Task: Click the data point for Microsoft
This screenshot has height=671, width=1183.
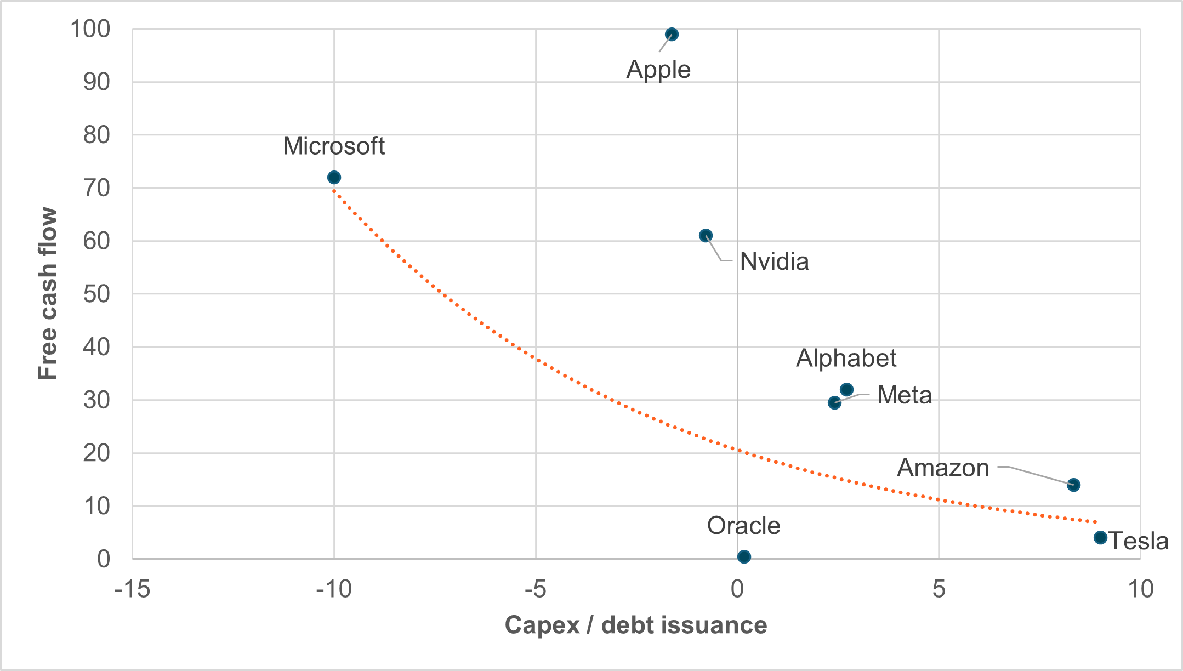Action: click(334, 177)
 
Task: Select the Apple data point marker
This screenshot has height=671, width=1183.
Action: click(672, 34)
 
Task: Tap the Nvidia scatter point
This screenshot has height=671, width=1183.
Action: click(706, 235)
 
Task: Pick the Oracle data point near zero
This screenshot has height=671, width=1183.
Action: click(744, 556)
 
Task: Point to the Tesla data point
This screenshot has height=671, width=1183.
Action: click(1100, 537)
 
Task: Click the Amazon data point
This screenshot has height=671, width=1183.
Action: click(1073, 485)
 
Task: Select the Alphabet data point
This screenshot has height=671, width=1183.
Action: click(846, 389)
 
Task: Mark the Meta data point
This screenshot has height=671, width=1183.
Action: click(834, 403)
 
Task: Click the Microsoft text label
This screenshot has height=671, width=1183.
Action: click(333, 146)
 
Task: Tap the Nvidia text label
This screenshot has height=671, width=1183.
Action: click(774, 261)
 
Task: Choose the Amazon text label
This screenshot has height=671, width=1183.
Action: click(943, 468)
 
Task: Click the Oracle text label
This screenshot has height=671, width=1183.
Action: click(743, 526)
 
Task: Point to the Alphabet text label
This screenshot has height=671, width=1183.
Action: click(846, 359)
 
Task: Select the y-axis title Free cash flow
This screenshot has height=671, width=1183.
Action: click(48, 293)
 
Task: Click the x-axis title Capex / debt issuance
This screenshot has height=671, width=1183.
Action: click(635, 625)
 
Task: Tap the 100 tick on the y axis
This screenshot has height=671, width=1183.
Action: click(90, 29)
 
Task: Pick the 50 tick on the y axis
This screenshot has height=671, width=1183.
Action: click(96, 294)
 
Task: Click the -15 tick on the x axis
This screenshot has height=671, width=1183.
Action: click(132, 589)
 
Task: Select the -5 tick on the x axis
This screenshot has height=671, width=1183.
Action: click(535, 589)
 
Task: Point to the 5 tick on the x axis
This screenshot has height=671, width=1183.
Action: click(939, 589)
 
